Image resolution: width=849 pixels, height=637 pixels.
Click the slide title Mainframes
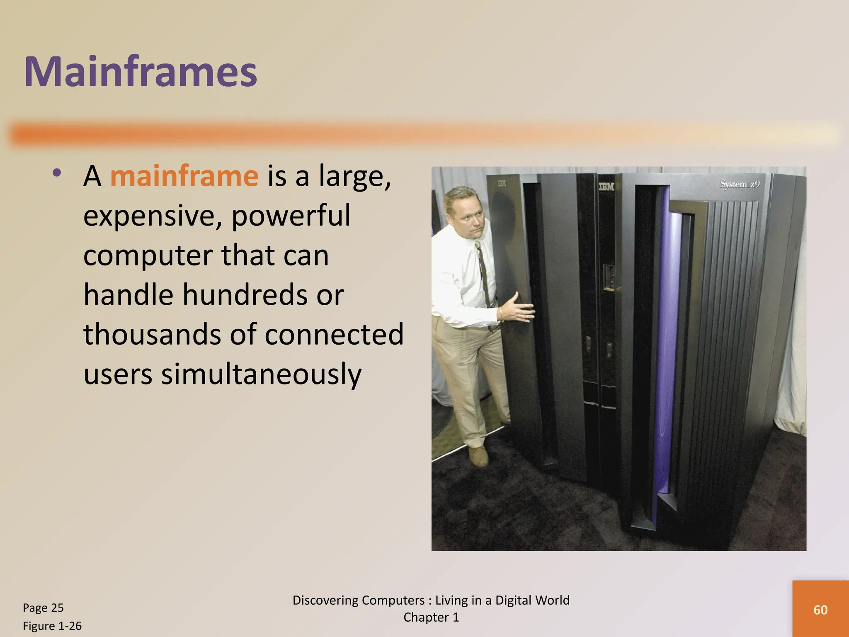(141, 71)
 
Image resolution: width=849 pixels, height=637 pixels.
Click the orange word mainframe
(184, 176)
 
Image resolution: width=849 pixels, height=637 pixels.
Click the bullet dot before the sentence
(57, 173)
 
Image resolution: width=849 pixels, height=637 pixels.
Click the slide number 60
(820, 610)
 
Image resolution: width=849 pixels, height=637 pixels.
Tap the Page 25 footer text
(43, 608)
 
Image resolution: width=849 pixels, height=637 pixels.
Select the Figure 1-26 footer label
(52, 626)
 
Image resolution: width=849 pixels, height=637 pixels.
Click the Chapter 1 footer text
(431, 618)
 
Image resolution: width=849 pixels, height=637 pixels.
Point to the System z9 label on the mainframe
(740, 184)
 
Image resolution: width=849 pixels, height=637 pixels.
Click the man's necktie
(483, 274)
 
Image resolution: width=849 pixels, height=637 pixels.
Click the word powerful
(291, 216)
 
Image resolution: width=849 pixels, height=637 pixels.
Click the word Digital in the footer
(518, 600)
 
